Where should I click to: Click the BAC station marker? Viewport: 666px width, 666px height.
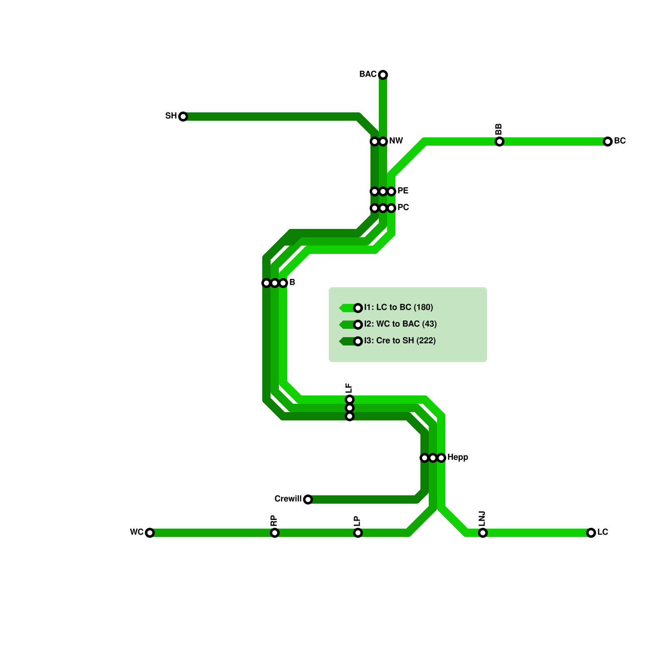(x=383, y=75)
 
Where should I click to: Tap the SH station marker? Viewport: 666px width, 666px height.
(x=183, y=117)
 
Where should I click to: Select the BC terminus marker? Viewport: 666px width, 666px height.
(x=608, y=142)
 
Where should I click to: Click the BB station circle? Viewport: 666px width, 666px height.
(x=499, y=142)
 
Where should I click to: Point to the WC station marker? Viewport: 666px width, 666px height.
(x=150, y=533)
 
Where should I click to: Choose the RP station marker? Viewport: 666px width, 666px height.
(x=275, y=533)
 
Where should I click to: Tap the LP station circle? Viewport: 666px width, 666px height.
(x=358, y=533)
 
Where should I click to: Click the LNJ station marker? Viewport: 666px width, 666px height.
(x=483, y=533)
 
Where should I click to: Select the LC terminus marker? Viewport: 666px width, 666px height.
(x=591, y=533)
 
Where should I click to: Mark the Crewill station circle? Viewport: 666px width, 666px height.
(x=308, y=499)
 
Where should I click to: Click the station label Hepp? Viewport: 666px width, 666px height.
(x=458, y=457)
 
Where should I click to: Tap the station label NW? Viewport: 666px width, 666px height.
(x=396, y=141)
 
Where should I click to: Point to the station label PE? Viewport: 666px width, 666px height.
(x=403, y=191)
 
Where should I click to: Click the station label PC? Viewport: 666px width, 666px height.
(x=403, y=208)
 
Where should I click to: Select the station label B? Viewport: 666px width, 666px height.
(x=292, y=283)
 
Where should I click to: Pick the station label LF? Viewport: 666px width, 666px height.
(x=349, y=388)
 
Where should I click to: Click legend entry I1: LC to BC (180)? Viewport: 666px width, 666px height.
(x=398, y=308)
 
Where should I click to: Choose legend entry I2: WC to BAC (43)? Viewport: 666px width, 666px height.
(x=400, y=324)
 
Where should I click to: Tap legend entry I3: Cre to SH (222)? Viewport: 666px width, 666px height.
(x=400, y=341)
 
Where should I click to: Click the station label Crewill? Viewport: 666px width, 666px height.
(x=288, y=499)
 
